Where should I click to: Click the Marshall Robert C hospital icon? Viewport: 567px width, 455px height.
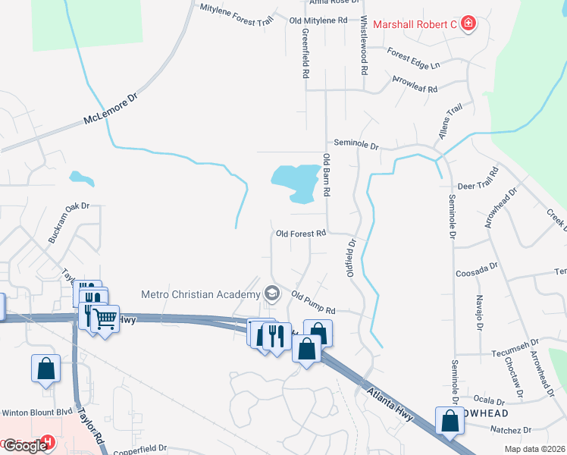[468, 24]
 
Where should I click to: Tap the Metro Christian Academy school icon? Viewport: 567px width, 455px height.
[271, 293]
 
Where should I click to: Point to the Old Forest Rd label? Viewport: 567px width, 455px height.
[301, 234]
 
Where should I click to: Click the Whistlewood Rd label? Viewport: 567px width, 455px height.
[365, 45]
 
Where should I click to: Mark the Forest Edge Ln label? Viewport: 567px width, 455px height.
[413, 59]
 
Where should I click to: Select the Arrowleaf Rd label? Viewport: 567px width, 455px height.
[415, 84]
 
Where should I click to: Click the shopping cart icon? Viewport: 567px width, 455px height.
[105, 318]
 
